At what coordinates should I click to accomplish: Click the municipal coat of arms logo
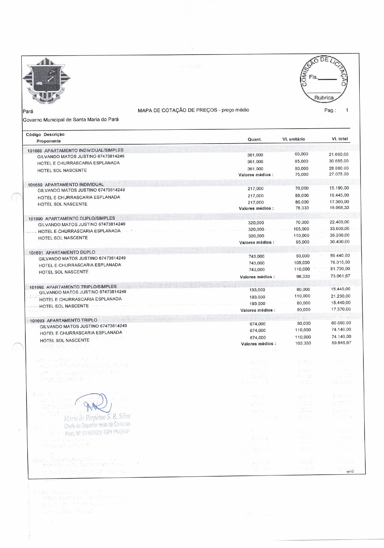[x=46, y=80]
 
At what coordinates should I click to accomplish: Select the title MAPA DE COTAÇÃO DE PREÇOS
[x=178, y=110]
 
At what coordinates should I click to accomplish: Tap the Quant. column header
[x=255, y=139]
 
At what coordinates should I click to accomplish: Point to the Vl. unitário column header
[x=294, y=139]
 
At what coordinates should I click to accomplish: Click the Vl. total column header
[x=340, y=139]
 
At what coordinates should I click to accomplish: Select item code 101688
[x=35, y=151]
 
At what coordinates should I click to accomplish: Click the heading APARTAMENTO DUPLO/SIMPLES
[x=80, y=218]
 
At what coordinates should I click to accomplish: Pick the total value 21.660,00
[x=338, y=154]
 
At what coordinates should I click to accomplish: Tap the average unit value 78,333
[x=302, y=208]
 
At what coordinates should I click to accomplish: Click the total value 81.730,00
[x=340, y=269]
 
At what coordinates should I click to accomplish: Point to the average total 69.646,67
[x=341, y=343]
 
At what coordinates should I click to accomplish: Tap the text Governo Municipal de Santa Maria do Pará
[x=71, y=120]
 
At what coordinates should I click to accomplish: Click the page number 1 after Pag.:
[x=347, y=110]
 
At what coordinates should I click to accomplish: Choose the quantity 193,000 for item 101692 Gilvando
[x=257, y=290]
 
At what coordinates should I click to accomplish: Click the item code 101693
[x=37, y=321]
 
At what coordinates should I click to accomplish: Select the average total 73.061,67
[x=340, y=276]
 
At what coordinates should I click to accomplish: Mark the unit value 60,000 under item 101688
[x=301, y=154]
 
